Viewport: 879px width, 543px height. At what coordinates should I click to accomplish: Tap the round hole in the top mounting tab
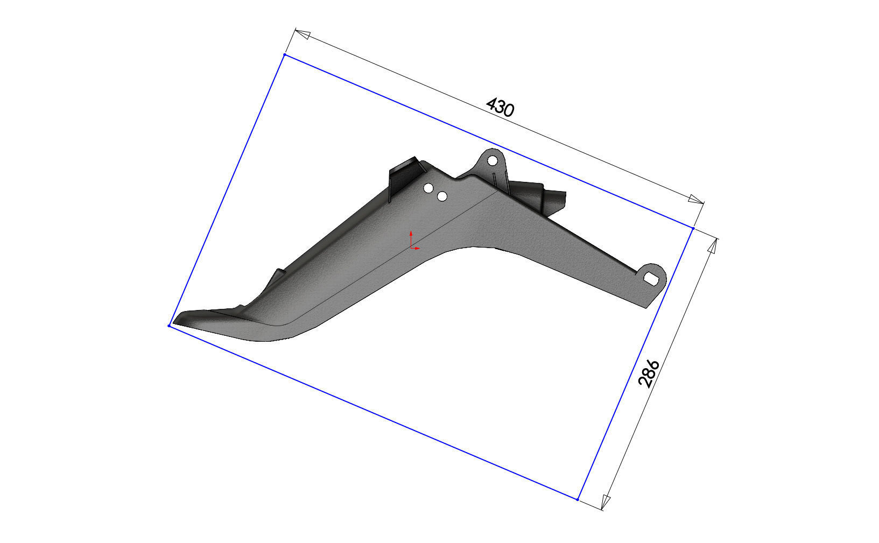492,160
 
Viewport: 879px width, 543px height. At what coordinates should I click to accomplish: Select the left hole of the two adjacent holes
429,188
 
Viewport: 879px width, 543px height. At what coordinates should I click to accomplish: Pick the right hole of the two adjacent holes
442,196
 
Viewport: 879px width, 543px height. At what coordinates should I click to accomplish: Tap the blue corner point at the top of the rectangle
284,55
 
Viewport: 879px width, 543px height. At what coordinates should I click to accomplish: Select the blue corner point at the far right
693,229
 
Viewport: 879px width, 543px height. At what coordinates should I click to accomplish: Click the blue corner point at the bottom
577,499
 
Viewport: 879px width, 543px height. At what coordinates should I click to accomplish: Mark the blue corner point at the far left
169,325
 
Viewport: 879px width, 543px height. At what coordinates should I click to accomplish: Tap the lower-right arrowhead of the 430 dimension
695,200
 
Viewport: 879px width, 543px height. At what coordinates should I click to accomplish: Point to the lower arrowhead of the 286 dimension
605,502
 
